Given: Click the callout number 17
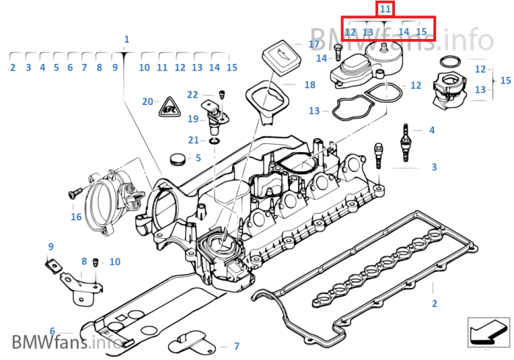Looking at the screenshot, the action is coord(314,44).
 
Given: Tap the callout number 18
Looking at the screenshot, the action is coord(310,84).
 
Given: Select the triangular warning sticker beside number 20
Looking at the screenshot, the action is coord(170,107).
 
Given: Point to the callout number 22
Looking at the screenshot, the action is coord(192,95).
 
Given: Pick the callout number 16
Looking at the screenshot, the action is coord(76,217).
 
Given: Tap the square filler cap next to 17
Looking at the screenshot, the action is coord(281,58).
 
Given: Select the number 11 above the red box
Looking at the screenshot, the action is coord(385,9).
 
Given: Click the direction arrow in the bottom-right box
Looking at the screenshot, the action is coord(488,332).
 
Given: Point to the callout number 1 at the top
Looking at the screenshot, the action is coord(126,40).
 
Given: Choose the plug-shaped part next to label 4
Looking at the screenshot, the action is coord(406,142).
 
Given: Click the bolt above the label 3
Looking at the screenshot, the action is coord(378,156).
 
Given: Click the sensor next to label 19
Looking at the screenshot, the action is coord(214,116).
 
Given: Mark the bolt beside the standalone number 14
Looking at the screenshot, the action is coord(338,52).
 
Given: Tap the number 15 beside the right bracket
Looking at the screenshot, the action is coord(505,80).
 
